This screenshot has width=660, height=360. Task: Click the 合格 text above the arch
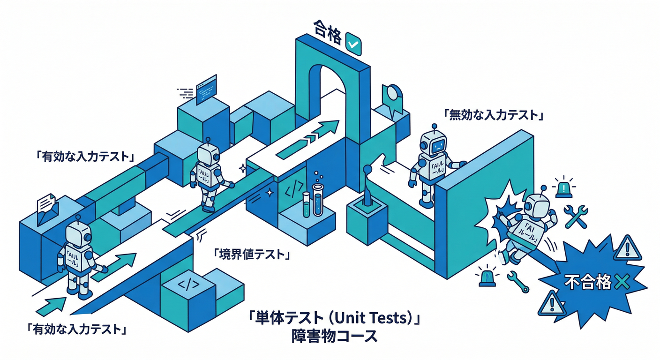[x=326, y=37]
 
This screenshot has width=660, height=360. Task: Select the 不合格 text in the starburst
[x=587, y=282]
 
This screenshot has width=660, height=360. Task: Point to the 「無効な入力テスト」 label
[x=493, y=114]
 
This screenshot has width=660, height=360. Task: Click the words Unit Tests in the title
[x=366, y=320]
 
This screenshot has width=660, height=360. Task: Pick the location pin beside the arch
[x=392, y=94]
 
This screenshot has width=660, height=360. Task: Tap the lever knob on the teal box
[x=367, y=169]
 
